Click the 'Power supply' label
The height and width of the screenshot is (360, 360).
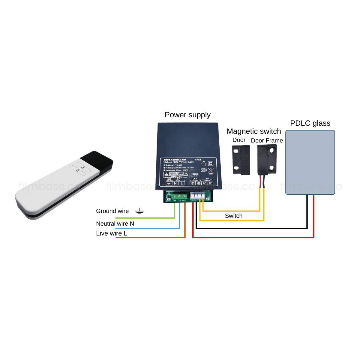pyautogui.click(x=187, y=115)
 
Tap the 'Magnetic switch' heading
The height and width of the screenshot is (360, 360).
pyautogui.click(x=254, y=131)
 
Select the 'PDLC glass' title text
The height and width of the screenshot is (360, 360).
pyautogui.click(x=310, y=123)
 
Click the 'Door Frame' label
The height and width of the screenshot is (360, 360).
pyautogui.click(x=267, y=140)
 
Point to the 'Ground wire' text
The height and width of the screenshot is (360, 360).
pyautogui.click(x=112, y=211)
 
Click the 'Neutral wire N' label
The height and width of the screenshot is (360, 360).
pyautogui.click(x=115, y=223)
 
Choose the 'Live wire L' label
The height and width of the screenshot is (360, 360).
pyautogui.click(x=112, y=233)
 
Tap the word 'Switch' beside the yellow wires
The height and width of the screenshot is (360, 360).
pyautogui.click(x=233, y=216)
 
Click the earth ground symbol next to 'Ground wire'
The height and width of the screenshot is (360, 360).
pyautogui.click(x=139, y=211)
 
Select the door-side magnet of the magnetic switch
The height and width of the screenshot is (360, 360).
pyautogui.click(x=241, y=160)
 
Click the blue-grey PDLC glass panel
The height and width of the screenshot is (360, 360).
pyautogui.click(x=310, y=162)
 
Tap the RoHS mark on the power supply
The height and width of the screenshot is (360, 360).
pyautogui.click(x=203, y=170)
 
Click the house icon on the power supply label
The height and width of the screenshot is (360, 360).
pyautogui.click(x=204, y=163)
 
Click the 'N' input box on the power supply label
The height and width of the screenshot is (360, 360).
pyautogui.click(x=175, y=183)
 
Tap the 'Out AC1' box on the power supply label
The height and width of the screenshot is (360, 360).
pyautogui.click(x=193, y=183)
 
